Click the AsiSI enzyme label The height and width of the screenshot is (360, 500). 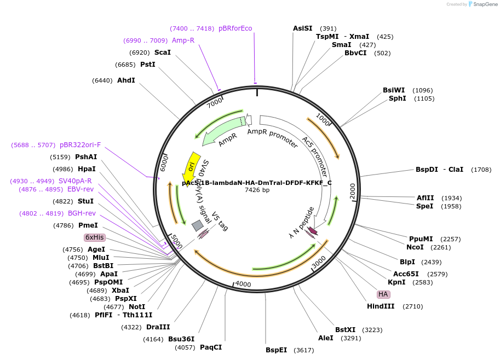302,28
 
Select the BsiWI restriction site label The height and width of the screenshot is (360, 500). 394,90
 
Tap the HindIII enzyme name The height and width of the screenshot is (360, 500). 381,306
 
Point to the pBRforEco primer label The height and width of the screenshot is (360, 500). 235,28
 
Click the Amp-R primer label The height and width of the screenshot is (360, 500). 183,40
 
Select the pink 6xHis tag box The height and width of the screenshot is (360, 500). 94,237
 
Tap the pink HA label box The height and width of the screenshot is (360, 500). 383,294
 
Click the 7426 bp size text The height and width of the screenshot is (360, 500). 257,190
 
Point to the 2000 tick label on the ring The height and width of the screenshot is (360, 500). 353,191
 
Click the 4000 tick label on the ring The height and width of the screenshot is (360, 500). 243,284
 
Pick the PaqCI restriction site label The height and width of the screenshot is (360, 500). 211,347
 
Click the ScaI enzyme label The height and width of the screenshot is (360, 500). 163,53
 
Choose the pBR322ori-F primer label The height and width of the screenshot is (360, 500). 81,145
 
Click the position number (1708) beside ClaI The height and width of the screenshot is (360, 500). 481,170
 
